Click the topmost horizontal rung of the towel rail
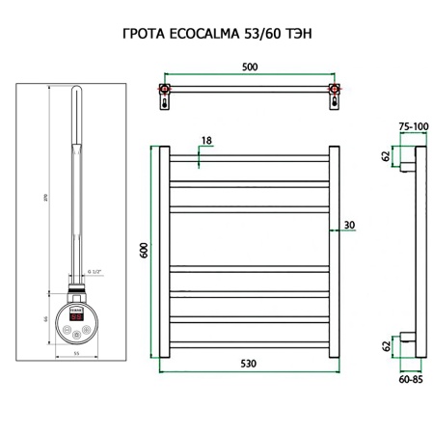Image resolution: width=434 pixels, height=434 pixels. pos(252,156)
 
